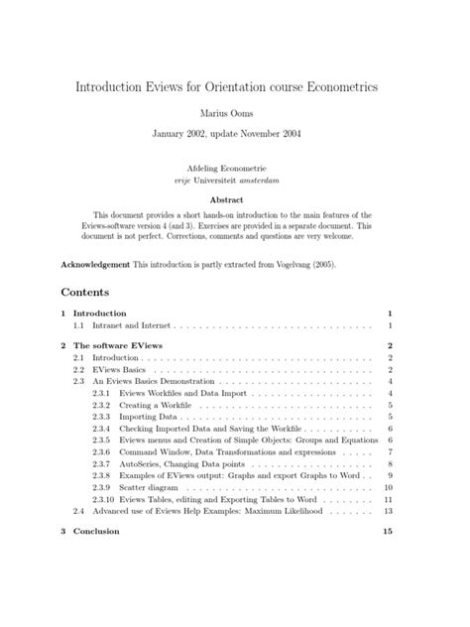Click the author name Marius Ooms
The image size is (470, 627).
coord(234,113)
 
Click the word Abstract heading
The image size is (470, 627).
coord(234,198)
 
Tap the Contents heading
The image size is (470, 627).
coord(85,293)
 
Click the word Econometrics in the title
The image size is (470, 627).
coord(348,87)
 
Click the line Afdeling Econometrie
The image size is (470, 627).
coord(234,170)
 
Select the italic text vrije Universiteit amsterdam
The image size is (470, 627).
coord(234,182)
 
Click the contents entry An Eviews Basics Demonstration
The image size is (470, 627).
coord(153,381)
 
